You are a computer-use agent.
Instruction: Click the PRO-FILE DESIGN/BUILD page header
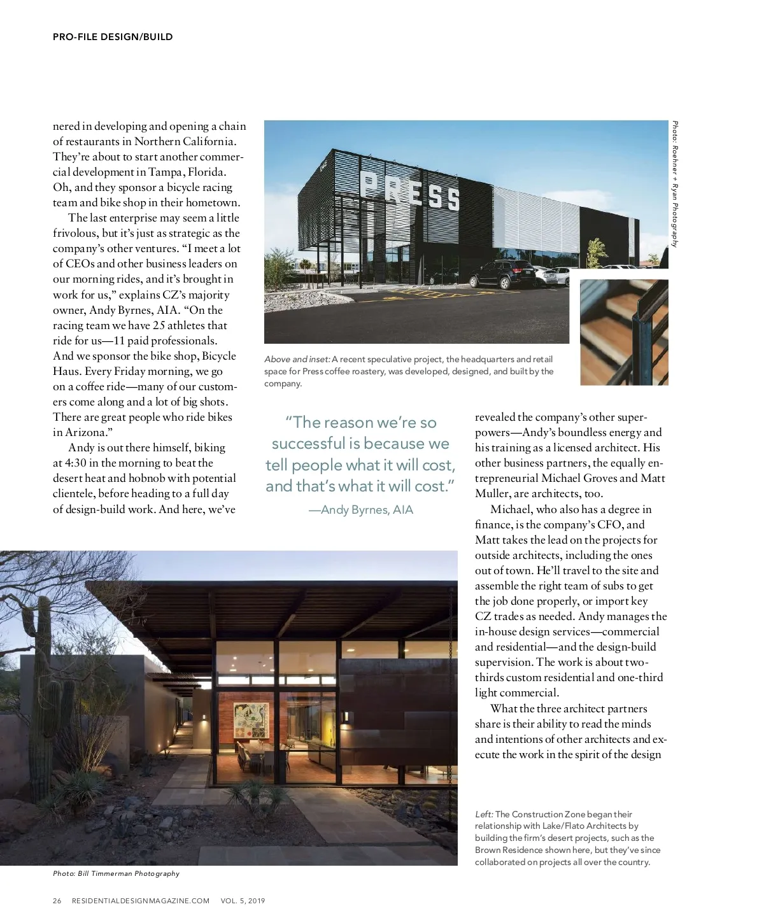[113, 37]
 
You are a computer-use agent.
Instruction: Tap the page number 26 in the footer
[57, 901]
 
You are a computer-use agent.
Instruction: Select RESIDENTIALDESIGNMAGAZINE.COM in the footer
[141, 901]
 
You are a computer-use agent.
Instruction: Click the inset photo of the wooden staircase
[623, 332]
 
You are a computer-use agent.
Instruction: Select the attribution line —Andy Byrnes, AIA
[361, 510]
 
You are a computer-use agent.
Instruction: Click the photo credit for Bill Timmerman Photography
[117, 873]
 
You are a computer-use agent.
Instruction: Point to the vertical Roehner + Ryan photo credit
[675, 184]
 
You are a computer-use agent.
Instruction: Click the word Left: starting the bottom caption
[484, 814]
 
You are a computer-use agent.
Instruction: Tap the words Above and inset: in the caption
[297, 359]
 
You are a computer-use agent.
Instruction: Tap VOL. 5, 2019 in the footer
[243, 901]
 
